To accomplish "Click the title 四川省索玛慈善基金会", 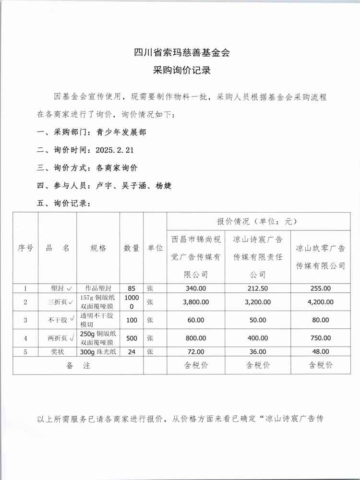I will click(182, 53).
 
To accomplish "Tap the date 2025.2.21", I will click(114, 150).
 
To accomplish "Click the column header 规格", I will click(98, 248).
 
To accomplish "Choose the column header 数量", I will click(132, 248).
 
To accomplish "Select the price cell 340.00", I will click(196, 288).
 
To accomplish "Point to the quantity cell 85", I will click(132, 288).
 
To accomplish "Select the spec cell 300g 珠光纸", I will click(98, 352).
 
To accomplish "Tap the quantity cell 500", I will click(132, 338).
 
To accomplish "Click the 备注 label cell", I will click(78, 365).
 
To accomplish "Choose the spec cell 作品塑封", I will click(98, 288).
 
